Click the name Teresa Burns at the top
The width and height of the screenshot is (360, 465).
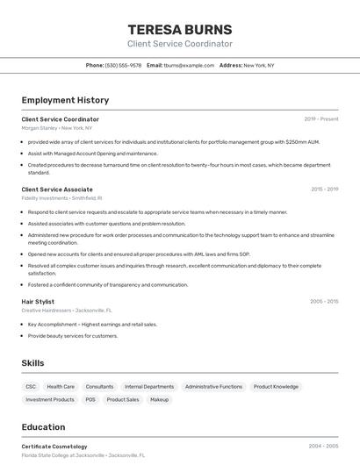[180, 29]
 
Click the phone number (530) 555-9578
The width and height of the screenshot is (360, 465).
[123, 65]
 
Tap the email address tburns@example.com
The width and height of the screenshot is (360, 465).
[189, 65]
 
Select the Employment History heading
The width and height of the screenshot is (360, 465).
[65, 100]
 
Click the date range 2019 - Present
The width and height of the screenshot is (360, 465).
[321, 119]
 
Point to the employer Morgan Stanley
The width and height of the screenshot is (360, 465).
[40, 128]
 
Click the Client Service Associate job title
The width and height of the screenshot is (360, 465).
[57, 189]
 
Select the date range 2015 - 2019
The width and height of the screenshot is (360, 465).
[325, 189]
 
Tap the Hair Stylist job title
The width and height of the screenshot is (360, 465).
[38, 301]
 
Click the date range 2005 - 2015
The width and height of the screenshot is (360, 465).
[324, 301]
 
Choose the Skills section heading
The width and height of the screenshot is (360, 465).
[32, 362]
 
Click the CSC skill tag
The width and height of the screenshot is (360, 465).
[31, 386]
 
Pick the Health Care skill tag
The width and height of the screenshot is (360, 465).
[61, 386]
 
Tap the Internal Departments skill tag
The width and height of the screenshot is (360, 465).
[149, 386]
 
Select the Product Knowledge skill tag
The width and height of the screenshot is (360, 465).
[276, 386]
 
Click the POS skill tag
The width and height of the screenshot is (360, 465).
[90, 399]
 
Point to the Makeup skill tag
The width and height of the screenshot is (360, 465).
[159, 399]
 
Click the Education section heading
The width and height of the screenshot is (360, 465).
[44, 427]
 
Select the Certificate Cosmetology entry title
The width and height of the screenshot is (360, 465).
[54, 447]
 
